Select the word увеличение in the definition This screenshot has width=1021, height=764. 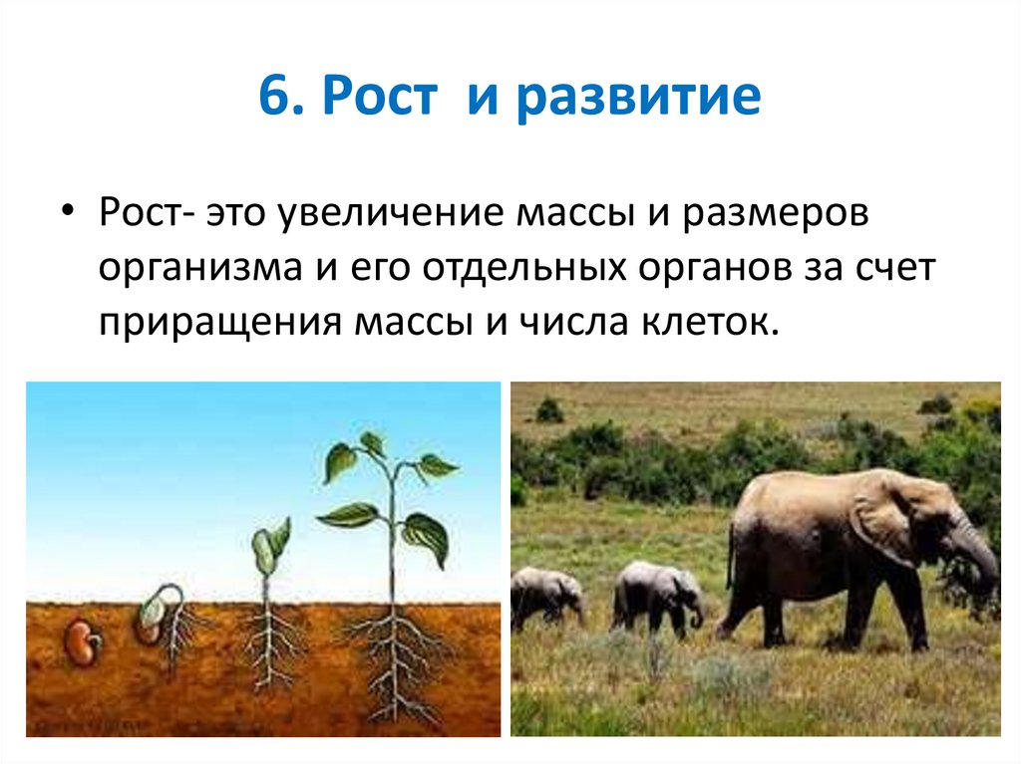(x=394, y=214)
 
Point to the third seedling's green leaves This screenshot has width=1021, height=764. (x=269, y=543)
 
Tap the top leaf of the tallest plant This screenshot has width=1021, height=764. (x=371, y=443)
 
